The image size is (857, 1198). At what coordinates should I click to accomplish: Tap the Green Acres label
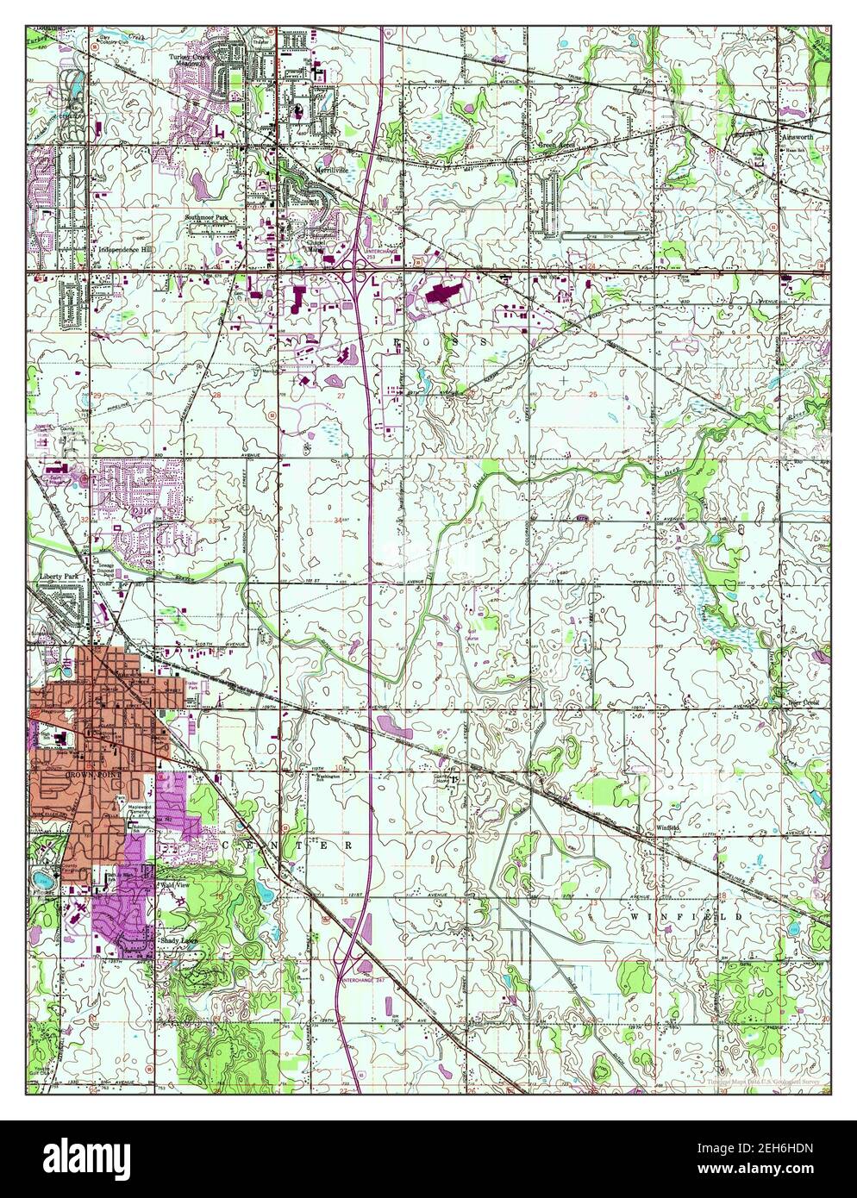[554, 146]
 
